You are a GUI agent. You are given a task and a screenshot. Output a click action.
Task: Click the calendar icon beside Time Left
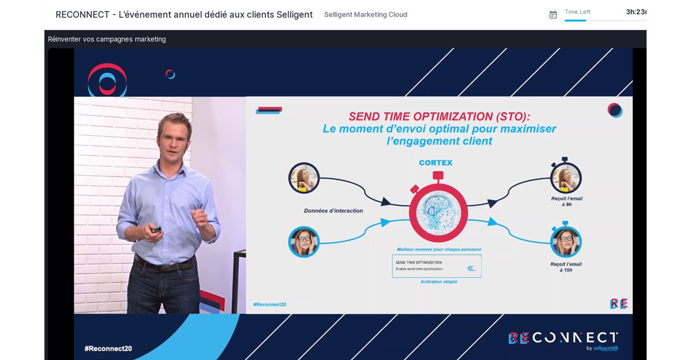pos(553,14)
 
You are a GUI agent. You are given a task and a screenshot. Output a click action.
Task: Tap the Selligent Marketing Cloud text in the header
pos(366,14)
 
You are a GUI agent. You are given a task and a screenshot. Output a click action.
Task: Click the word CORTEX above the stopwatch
pos(435,163)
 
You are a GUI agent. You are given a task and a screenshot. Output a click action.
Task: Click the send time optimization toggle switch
pos(472,268)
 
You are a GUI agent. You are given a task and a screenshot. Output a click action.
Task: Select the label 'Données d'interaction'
pos(333,211)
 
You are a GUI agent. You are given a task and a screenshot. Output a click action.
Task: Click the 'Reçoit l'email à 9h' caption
pos(566,201)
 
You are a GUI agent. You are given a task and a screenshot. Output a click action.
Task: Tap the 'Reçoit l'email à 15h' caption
pos(566,267)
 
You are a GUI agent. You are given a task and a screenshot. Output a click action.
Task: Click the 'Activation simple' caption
pos(439,282)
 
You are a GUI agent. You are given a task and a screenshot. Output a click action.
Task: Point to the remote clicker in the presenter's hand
pos(156,230)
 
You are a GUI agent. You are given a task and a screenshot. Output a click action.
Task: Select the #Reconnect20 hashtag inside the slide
pos(269,304)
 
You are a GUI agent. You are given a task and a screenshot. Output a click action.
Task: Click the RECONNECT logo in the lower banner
pos(562,338)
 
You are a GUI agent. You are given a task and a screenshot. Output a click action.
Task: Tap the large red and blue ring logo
pos(107,80)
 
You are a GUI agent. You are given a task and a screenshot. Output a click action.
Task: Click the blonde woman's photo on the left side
pos(304,178)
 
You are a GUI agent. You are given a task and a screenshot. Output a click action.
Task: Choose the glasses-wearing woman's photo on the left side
pos(303,242)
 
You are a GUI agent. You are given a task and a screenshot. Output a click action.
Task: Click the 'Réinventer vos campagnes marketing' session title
pos(107,39)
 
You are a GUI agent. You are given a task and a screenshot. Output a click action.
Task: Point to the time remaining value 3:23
pos(636,12)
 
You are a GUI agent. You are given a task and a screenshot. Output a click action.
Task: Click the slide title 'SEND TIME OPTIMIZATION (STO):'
pos(439,116)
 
